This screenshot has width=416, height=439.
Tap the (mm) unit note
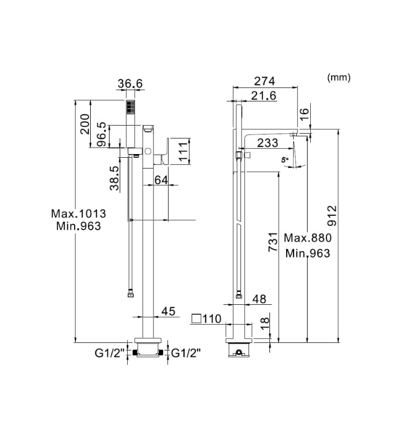pos(338,77)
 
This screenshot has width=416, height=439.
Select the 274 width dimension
pos(264,81)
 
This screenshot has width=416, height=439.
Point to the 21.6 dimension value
pos(264,96)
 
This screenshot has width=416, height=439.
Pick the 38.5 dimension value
pos(114,178)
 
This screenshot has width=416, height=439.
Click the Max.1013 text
pos(78,214)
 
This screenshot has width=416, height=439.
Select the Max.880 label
pos(308,238)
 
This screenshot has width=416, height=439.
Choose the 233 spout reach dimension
pos(267,143)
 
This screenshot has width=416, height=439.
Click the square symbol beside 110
pos(196,319)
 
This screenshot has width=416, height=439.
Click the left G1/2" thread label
pos(110,353)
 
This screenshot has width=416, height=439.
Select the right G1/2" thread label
pos(186,353)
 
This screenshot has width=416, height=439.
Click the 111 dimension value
pos(184,151)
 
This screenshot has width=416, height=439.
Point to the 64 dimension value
pos(162,180)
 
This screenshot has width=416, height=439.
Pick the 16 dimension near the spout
pos(304,113)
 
